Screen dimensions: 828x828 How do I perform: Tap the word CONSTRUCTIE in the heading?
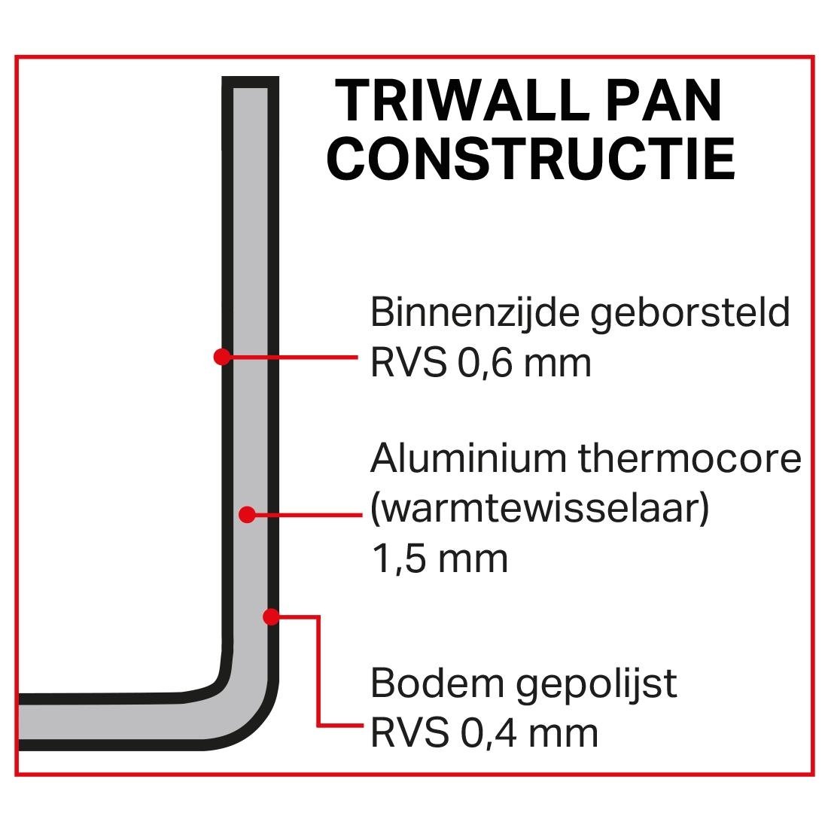(x=531, y=159)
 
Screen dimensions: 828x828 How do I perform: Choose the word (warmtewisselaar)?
(x=540, y=510)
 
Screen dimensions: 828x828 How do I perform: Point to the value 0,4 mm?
(x=531, y=732)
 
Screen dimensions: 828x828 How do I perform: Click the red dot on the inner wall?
(x=221, y=356)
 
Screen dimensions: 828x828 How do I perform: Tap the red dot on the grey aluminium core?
(x=246, y=515)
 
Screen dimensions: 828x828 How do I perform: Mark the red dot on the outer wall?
(x=271, y=617)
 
